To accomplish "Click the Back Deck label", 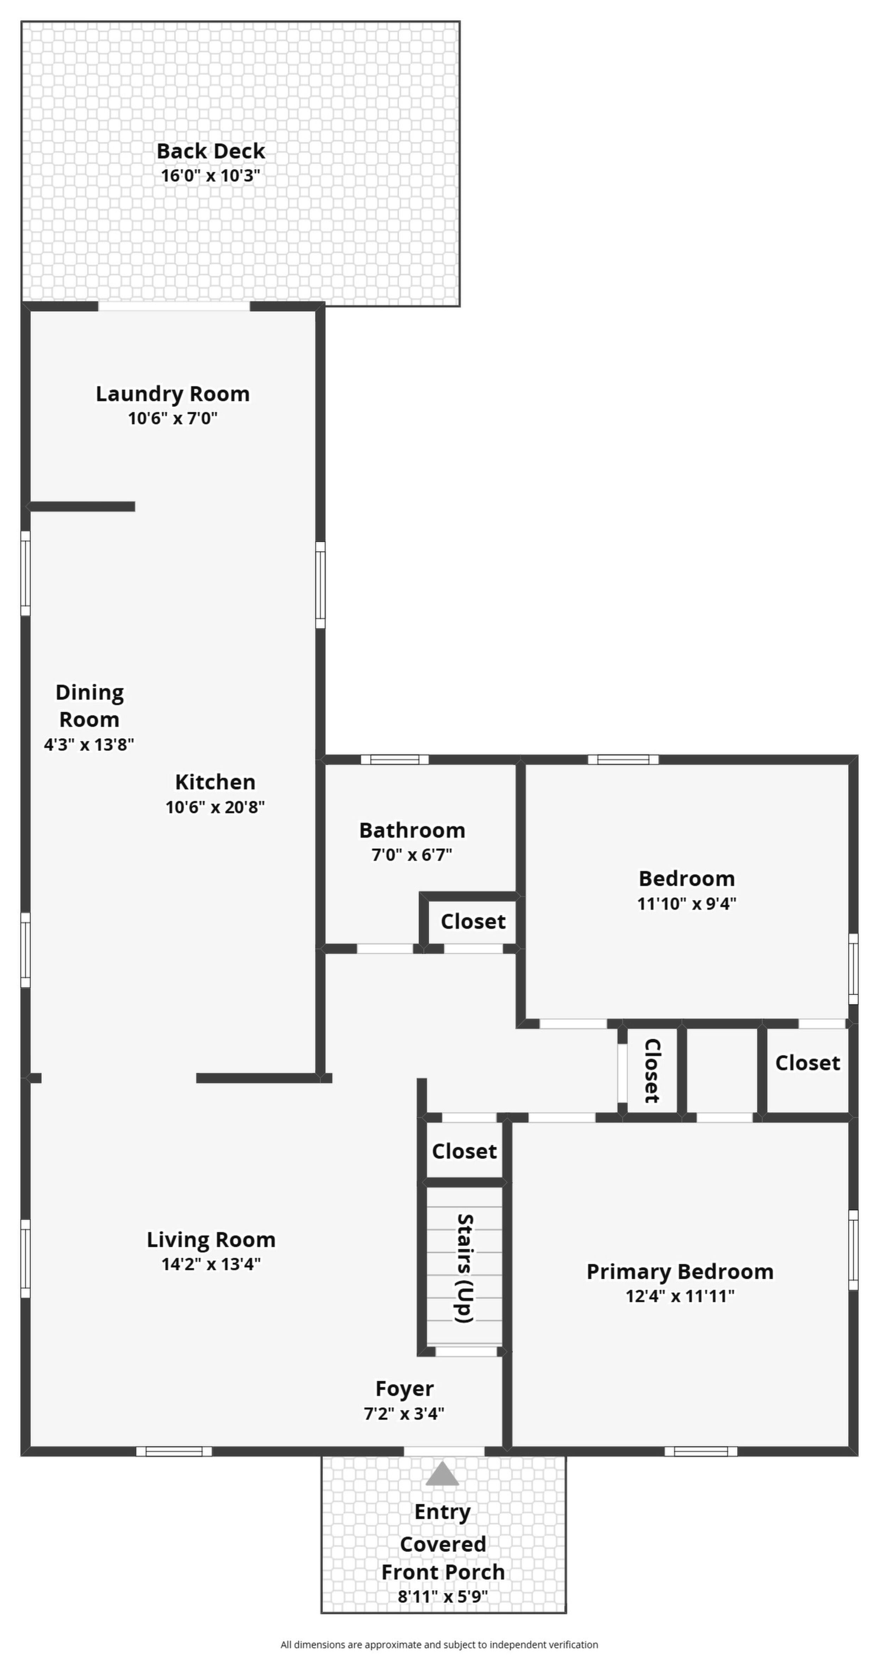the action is pos(211,151).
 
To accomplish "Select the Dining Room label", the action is pos(89,705).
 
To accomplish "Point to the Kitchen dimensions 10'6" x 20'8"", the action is pos(216,807).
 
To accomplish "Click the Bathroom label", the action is pos(412,830).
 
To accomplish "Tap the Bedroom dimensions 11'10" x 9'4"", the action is pos(687,903).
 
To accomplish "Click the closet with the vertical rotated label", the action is pos(652,1070).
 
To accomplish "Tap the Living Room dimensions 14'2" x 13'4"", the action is pos(211,1265).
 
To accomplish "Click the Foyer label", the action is pos(404,1389).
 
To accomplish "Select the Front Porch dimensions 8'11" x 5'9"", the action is pos(443,1597).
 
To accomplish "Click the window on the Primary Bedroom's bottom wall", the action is pos(701,1451).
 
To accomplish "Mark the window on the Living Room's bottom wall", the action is pos(174,1451).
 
